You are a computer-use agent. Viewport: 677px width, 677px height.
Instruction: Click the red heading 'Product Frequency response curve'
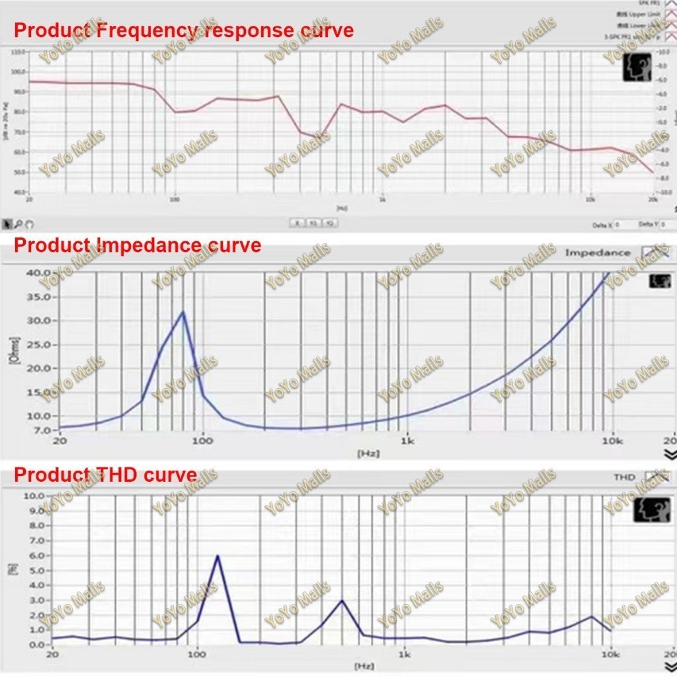pyautogui.click(x=184, y=30)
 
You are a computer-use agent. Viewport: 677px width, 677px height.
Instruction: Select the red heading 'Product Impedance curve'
pyautogui.click(x=138, y=245)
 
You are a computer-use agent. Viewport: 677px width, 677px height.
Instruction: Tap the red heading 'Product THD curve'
pyautogui.click(x=105, y=475)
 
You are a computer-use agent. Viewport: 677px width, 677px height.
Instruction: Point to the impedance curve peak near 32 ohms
pyautogui.click(x=183, y=311)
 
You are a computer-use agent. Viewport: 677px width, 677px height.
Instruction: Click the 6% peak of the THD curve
pyautogui.click(x=218, y=556)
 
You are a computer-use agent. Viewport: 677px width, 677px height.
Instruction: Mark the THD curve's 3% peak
pyautogui.click(x=342, y=600)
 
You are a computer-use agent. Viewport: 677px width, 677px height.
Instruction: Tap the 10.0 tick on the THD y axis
pyautogui.click(x=34, y=496)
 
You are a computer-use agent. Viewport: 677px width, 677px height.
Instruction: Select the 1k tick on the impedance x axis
pyautogui.click(x=407, y=441)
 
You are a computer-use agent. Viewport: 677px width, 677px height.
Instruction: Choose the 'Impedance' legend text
pyautogui.click(x=598, y=253)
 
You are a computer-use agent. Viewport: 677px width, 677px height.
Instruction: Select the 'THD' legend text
pyautogui.click(x=624, y=477)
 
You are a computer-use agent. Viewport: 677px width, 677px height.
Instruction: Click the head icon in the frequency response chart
pyautogui.click(x=637, y=67)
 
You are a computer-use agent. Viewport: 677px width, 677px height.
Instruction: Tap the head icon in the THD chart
pyautogui.click(x=651, y=509)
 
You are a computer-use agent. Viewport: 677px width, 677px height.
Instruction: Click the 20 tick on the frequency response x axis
pyautogui.click(x=28, y=198)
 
